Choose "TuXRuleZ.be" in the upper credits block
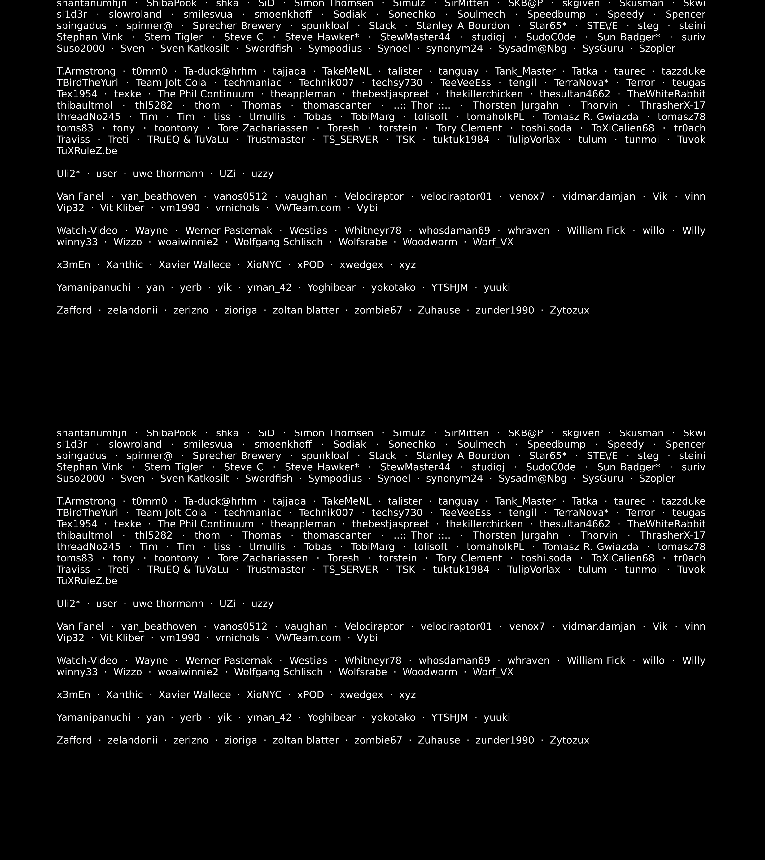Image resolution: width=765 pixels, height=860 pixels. [87, 151]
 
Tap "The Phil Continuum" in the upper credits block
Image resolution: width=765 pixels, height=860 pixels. [205, 94]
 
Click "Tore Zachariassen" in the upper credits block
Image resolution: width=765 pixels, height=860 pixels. [263, 128]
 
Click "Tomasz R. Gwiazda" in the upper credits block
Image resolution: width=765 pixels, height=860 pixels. [590, 117]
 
